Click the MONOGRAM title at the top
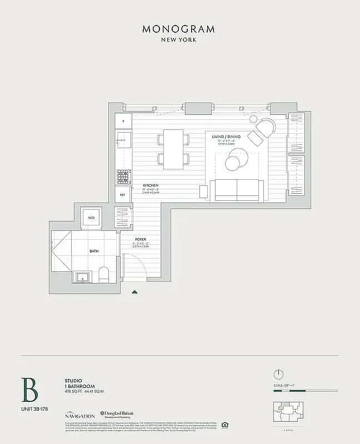[178, 29]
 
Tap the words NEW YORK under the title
[178, 40]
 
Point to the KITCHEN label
[151, 185]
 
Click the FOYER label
[141, 239]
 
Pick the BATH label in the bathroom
[94, 251]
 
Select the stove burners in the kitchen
[123, 176]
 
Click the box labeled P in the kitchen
[123, 121]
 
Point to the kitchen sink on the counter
[123, 140]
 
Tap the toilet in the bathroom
[103, 274]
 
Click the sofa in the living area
[237, 190]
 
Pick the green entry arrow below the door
[134, 291]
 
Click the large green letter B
[29, 390]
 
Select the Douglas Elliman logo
[118, 415]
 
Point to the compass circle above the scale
[279, 374]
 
